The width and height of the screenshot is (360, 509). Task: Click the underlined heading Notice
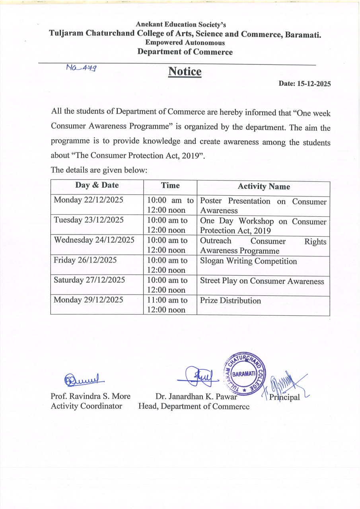pyautogui.click(x=185, y=72)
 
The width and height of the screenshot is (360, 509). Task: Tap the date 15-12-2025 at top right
pyautogui.click(x=305, y=84)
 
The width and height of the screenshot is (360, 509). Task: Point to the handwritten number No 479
pyautogui.click(x=82, y=68)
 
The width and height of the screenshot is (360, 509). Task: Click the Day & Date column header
pyautogui.click(x=97, y=185)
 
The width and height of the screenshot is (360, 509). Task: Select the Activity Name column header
pyautogui.click(x=264, y=187)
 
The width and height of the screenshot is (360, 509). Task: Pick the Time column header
pyautogui.click(x=170, y=185)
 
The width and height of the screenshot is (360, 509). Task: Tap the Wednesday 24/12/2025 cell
pyautogui.click(x=94, y=240)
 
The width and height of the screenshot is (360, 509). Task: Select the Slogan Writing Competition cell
pyautogui.click(x=248, y=261)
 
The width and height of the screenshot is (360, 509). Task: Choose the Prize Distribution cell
pyautogui.click(x=230, y=301)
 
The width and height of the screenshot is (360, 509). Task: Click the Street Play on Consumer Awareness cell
pyautogui.click(x=262, y=281)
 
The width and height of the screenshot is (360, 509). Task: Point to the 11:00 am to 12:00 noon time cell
pyautogui.click(x=167, y=305)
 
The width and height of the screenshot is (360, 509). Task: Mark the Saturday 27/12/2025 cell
pyautogui.click(x=90, y=280)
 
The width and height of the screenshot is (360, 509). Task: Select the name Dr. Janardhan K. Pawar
pyautogui.click(x=197, y=396)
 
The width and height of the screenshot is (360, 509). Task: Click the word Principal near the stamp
pyautogui.click(x=284, y=397)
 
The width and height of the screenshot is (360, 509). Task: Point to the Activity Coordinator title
pyautogui.click(x=86, y=406)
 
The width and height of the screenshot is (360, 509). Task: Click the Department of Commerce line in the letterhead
pyautogui.click(x=185, y=52)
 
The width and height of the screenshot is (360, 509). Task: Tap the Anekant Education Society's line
pyautogui.click(x=181, y=25)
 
